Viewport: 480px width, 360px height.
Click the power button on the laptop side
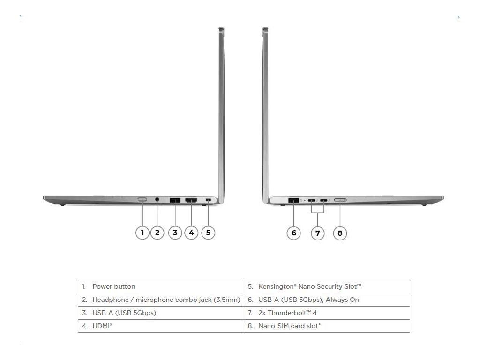pyautogui.click(x=142, y=200)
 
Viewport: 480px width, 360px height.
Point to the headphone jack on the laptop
pyautogui.click(x=157, y=199)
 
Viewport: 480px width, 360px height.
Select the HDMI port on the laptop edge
pyautogui.click(x=191, y=200)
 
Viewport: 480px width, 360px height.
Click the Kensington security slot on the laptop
pyautogui.click(x=208, y=200)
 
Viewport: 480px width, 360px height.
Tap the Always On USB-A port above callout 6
pyautogui.click(x=293, y=200)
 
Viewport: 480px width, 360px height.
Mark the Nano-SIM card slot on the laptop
pyautogui.click(x=340, y=200)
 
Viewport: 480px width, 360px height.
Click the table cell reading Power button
pyautogui.click(x=161, y=287)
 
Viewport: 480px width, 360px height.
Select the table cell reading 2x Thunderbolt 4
pyautogui.click(x=327, y=313)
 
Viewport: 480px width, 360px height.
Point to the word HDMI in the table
pyautogui.click(x=101, y=326)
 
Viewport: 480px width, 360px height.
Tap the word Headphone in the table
pyautogui.click(x=111, y=300)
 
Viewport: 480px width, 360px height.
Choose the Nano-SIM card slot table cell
pyautogui.click(x=327, y=326)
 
